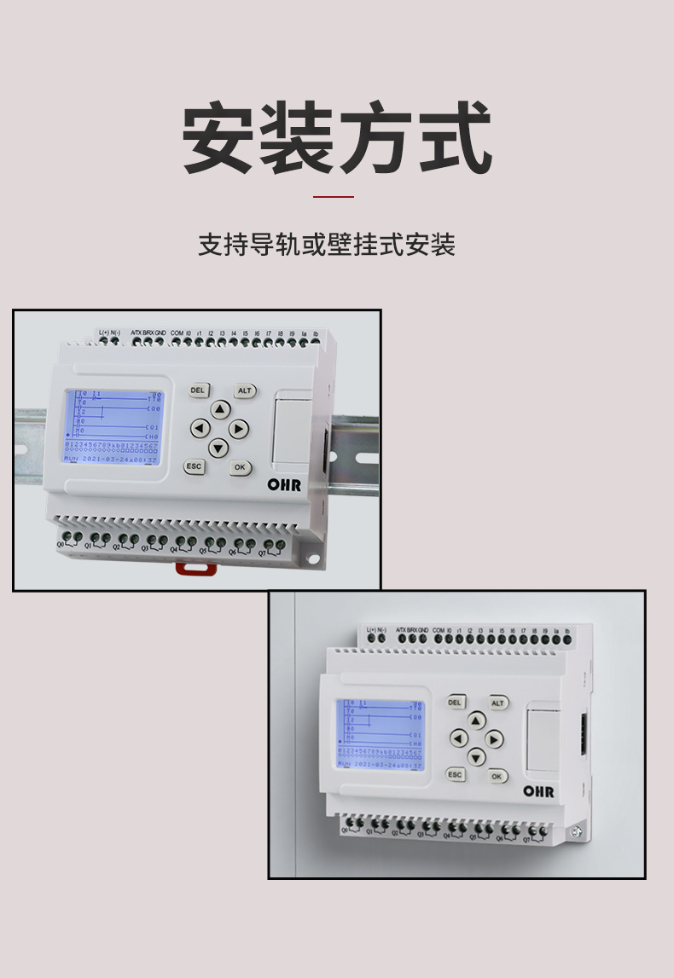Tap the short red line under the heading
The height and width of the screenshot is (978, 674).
pos(333,196)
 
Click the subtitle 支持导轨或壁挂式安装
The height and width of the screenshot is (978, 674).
pos(327,245)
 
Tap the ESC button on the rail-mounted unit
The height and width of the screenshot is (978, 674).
pos(195,466)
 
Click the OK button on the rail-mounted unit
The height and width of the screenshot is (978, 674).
pos(240,467)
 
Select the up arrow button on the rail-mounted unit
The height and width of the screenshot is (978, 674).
pos(220,409)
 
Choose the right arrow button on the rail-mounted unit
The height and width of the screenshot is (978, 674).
pos(239,428)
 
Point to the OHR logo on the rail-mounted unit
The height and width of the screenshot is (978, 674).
pos(284,484)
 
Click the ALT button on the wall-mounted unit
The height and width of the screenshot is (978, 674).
pos(498,703)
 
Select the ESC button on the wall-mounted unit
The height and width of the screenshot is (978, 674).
pos(456,774)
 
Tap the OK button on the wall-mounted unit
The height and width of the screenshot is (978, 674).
pos(497,776)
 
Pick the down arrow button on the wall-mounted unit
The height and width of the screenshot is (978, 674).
pos(476,756)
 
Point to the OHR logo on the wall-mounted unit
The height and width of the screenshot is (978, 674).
pos(538,791)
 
